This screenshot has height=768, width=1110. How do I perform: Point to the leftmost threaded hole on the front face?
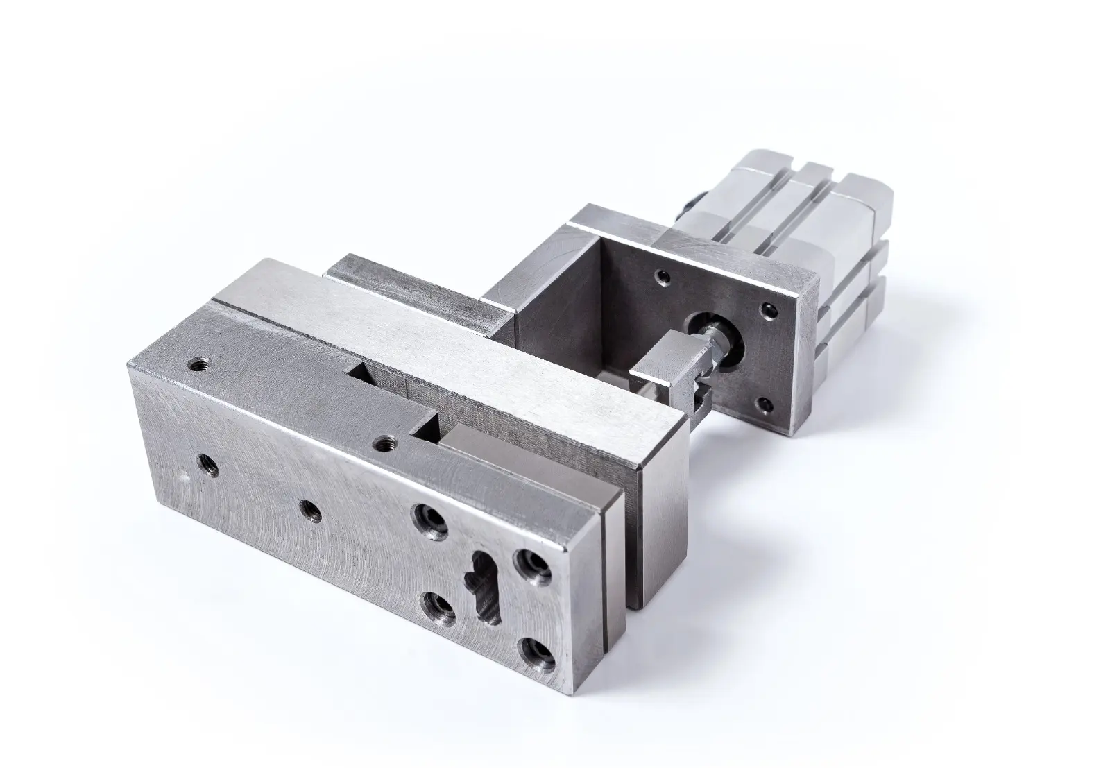(207, 464)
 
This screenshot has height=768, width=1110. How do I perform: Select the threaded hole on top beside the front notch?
(382, 442)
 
